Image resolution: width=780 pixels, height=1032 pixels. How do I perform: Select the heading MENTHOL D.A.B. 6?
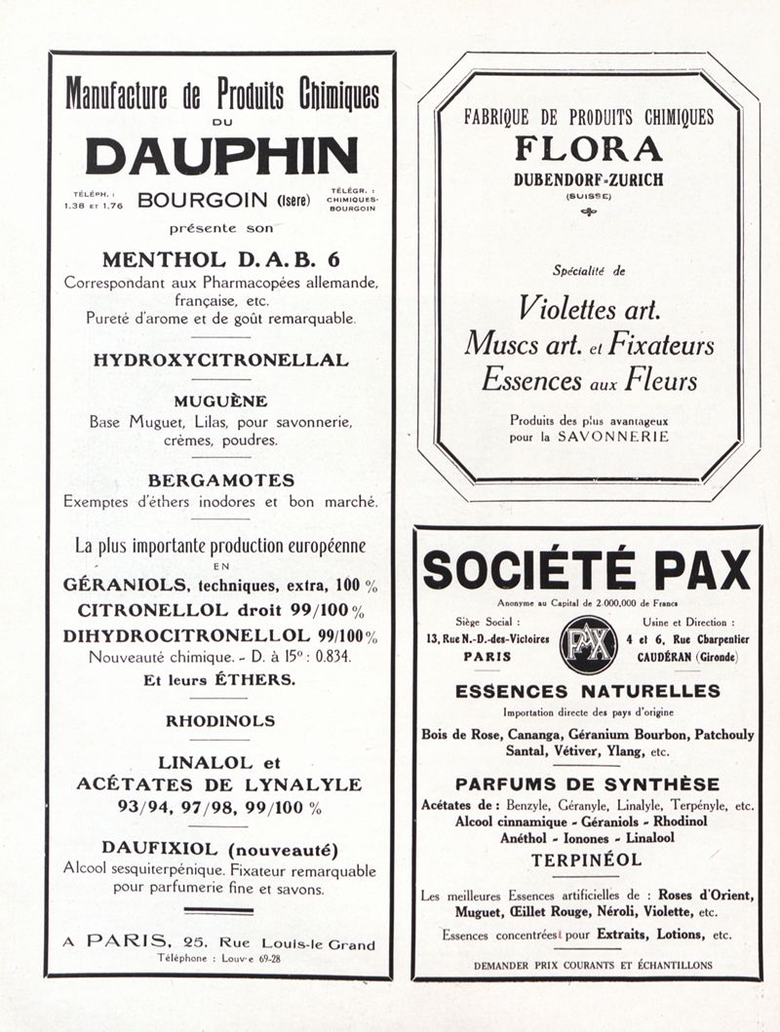221,260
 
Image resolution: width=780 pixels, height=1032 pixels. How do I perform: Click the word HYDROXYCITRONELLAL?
220,360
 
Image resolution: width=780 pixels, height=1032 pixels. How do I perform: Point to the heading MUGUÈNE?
220,401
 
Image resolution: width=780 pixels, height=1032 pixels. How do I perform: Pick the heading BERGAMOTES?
220,481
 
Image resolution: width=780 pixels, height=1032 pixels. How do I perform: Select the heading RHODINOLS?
220,722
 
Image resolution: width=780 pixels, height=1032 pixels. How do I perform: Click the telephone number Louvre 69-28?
241,959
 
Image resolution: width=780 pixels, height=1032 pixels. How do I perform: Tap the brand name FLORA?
588,149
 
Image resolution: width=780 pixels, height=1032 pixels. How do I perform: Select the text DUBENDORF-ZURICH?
588,179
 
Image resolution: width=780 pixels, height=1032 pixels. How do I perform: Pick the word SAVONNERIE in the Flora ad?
613,438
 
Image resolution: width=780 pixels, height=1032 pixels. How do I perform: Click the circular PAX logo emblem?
588,645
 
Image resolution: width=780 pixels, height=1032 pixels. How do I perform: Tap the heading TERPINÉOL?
587,860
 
